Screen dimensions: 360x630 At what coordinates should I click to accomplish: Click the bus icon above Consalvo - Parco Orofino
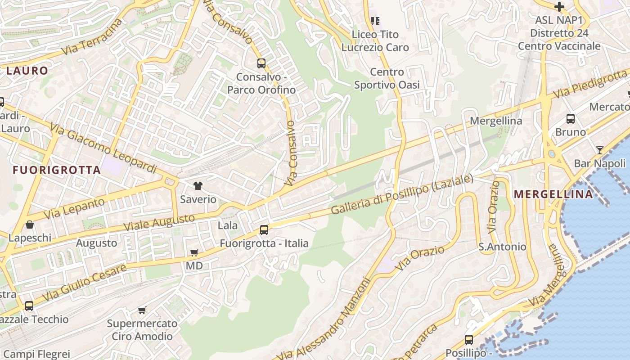click(x=261, y=63)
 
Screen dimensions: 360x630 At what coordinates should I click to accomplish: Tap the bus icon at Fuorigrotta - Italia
click(x=264, y=230)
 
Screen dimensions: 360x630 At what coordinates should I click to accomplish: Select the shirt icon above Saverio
click(x=198, y=185)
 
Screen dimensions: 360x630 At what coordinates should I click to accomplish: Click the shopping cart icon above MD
click(x=194, y=253)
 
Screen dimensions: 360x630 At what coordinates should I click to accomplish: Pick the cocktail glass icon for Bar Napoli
click(x=600, y=150)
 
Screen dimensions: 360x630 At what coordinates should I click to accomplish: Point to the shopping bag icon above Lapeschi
click(x=30, y=224)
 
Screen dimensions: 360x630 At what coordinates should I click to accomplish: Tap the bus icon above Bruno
click(x=571, y=119)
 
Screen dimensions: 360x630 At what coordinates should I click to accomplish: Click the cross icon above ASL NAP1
click(x=559, y=7)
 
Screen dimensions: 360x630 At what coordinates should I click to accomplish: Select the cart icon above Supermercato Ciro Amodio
click(x=142, y=310)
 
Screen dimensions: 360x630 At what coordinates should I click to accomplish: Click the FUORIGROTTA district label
click(x=57, y=170)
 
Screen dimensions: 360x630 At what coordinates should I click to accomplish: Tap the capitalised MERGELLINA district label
click(x=553, y=194)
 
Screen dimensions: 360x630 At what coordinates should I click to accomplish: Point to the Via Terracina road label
click(x=92, y=37)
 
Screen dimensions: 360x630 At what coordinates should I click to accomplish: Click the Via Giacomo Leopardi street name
click(x=103, y=149)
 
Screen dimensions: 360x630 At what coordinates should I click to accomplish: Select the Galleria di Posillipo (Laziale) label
click(x=402, y=194)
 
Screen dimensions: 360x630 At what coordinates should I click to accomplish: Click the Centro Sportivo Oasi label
click(x=387, y=78)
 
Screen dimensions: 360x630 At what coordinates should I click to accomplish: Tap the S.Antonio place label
click(x=502, y=247)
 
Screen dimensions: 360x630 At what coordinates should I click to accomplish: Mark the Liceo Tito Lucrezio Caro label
click(x=375, y=40)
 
